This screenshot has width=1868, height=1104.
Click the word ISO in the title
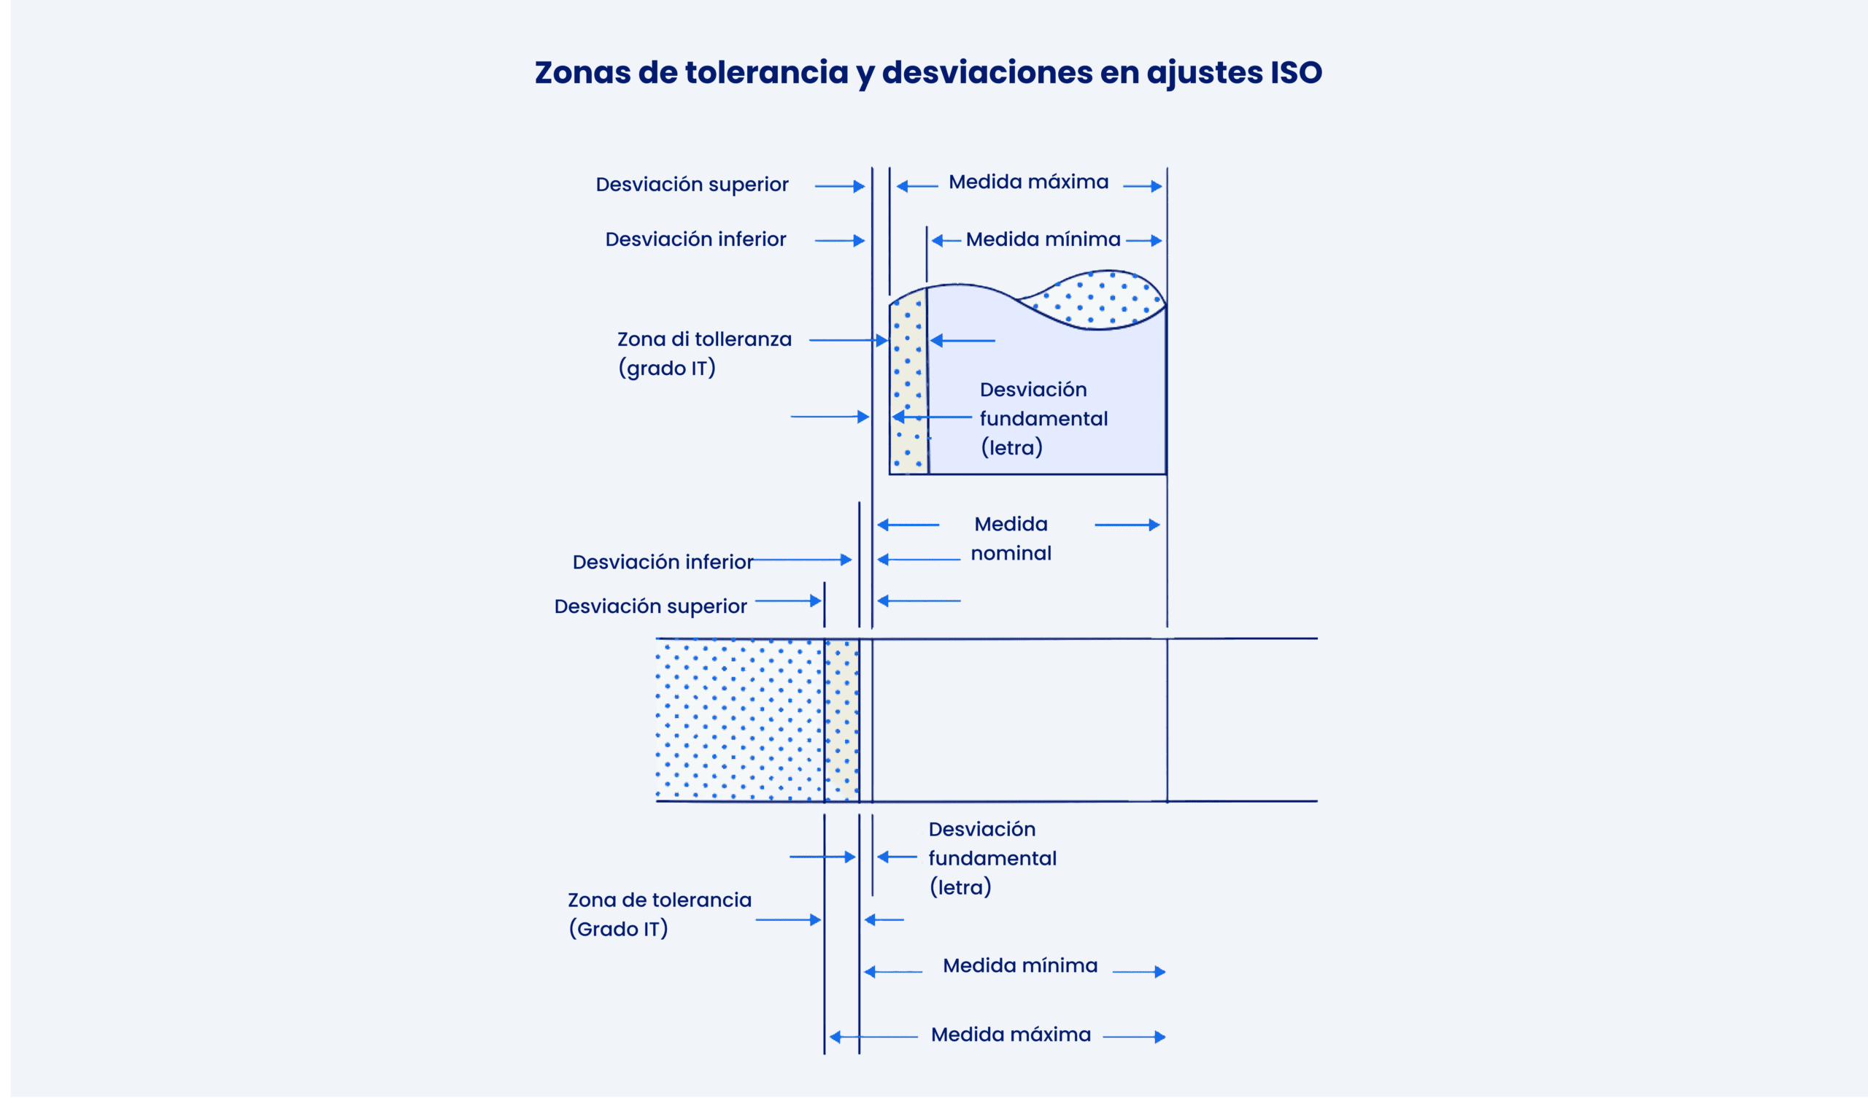pos(1295,72)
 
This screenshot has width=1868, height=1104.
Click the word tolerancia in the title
pos(766,72)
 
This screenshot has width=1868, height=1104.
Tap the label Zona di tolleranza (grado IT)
pos(703,354)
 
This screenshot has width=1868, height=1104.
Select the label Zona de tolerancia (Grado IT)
pos(659,915)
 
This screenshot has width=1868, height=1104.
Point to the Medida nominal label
pos(1011,539)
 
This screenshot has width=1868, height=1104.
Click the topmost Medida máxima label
pos(1028,182)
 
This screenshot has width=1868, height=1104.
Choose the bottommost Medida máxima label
pos(1011,1035)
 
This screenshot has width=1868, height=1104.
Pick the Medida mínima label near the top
pos(1043,239)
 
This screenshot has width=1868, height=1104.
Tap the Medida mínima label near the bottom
pos(1020,965)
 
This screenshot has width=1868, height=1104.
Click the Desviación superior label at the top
pos(692,185)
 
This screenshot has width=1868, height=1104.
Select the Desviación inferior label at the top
pos(695,239)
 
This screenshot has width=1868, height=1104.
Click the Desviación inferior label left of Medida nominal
pos(662,563)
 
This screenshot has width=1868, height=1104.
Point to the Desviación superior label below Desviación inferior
pos(650,607)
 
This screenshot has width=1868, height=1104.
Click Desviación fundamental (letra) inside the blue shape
pos(1043,419)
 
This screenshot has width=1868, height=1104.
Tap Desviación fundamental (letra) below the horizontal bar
pos(992,859)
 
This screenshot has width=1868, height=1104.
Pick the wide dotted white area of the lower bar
pos(739,720)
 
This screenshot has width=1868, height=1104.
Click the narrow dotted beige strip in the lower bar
pos(841,720)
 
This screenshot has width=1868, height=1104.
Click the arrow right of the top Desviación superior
pos(839,186)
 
